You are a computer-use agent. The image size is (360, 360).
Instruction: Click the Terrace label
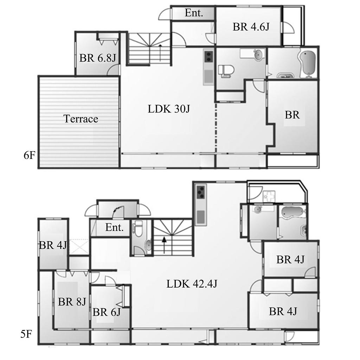click(x=81, y=119)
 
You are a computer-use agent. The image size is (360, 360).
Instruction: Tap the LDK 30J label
click(x=169, y=109)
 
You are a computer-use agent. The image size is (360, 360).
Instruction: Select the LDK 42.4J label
click(x=192, y=284)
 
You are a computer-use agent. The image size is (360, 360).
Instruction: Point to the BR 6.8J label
click(x=98, y=58)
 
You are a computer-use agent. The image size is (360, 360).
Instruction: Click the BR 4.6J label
click(x=251, y=27)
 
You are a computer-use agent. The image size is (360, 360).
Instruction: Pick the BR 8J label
click(x=72, y=302)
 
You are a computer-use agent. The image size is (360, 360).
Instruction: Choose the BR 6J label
click(x=107, y=312)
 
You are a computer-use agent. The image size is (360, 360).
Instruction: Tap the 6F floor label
click(x=30, y=155)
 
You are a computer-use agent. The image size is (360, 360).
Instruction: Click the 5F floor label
click(x=26, y=334)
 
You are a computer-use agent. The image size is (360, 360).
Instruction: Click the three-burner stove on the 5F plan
click(x=201, y=192)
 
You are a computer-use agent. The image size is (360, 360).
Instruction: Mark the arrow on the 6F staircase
click(x=160, y=53)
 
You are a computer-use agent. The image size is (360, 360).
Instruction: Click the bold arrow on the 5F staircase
click(x=164, y=245)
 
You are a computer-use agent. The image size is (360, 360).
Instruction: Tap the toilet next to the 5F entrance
click(x=138, y=229)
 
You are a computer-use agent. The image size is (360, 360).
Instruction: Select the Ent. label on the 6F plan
click(x=194, y=13)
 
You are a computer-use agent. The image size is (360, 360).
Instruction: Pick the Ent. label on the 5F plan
click(x=114, y=227)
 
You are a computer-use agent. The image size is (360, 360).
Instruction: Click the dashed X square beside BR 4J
click(x=79, y=246)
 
